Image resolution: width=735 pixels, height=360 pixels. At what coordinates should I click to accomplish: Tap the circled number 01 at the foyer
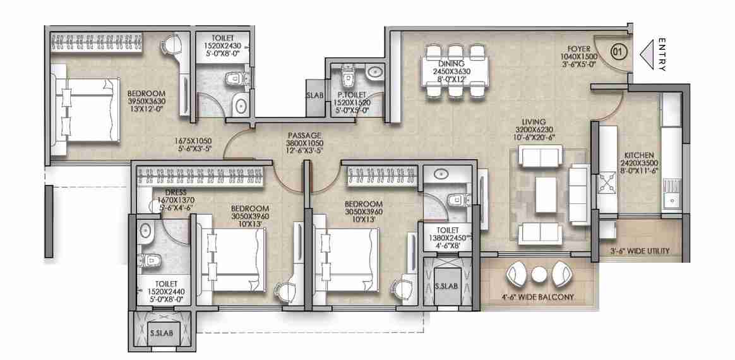619,51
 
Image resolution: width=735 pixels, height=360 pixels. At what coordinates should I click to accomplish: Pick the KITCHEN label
639,155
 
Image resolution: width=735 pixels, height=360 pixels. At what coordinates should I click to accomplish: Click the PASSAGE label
305,135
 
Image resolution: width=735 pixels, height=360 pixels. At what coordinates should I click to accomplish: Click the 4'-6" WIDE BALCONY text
537,297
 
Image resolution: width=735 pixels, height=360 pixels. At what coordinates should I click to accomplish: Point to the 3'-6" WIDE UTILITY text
640,251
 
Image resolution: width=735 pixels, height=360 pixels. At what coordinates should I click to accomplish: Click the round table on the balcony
538,275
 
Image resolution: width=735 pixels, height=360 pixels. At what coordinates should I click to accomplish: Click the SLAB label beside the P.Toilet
314,95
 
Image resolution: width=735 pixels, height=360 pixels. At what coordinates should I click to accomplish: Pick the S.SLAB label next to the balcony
446,285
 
